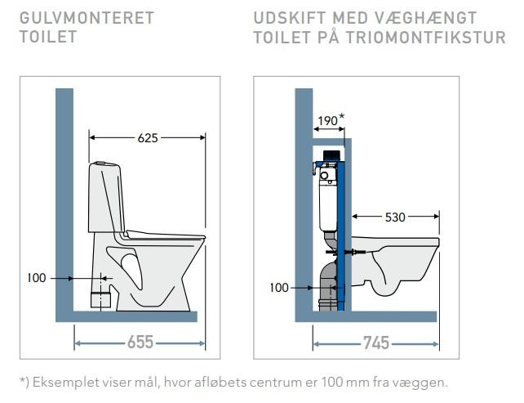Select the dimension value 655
pos(140,342)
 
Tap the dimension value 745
pos(375,343)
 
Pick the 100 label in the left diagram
pos(37,278)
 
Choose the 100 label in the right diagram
pos(280,287)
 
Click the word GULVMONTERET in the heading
pos(86,18)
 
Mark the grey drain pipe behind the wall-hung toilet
pos(329,286)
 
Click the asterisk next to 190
pos(342,117)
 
